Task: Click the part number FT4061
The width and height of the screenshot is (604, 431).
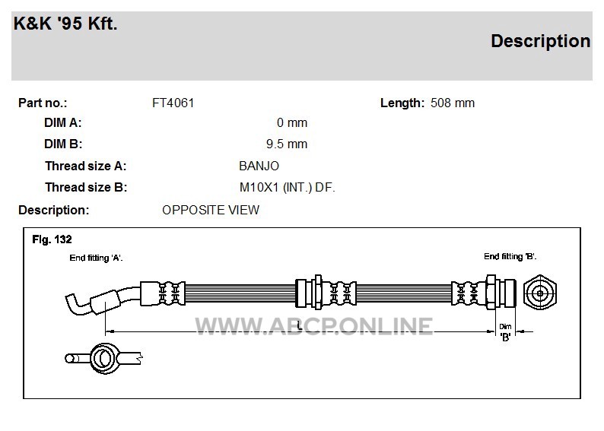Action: click(x=173, y=103)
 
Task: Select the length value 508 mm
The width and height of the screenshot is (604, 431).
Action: click(x=453, y=103)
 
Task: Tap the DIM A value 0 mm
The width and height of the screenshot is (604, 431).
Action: click(x=292, y=122)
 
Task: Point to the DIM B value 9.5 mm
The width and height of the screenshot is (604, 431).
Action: click(x=287, y=144)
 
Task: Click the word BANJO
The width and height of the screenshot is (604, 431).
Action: click(x=259, y=166)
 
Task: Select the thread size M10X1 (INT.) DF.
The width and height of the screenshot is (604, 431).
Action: click(x=288, y=188)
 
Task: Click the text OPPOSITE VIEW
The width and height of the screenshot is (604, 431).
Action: click(x=211, y=210)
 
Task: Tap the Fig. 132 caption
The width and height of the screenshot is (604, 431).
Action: click(x=52, y=239)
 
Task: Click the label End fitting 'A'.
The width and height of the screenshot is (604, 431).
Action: click(x=96, y=258)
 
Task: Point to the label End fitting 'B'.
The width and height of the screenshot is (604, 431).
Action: click(x=510, y=256)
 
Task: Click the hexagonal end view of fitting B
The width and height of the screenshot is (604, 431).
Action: click(x=540, y=293)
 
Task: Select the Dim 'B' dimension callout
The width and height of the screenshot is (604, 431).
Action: click(x=505, y=332)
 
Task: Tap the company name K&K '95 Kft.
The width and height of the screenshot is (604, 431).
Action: click(x=65, y=24)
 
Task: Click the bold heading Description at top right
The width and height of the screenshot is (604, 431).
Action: click(x=540, y=41)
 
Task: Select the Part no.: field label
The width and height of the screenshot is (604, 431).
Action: click(x=43, y=103)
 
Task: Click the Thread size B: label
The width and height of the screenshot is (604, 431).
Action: click(x=86, y=188)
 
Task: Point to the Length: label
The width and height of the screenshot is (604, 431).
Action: click(x=402, y=103)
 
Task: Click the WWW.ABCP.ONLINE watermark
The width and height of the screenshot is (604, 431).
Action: click(x=314, y=326)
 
